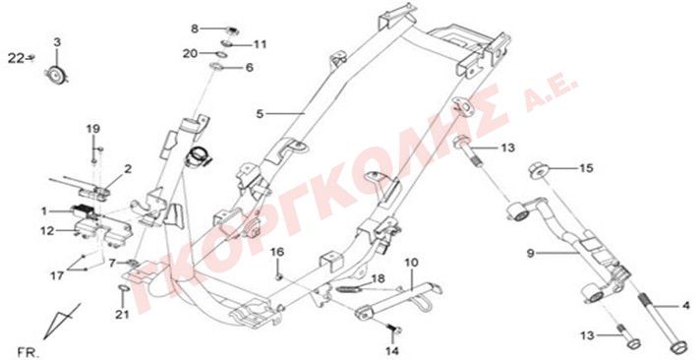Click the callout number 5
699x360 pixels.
[x=260, y=114]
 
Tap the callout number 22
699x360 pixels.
[x=16, y=58]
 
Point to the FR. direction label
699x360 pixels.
[x=29, y=352]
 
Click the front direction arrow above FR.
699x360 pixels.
[x=62, y=322]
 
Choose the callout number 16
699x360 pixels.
[x=277, y=253]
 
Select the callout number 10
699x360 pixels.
[x=411, y=263]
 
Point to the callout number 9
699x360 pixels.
[x=530, y=254]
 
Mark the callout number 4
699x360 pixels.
[x=685, y=306]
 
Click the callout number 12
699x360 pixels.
[x=47, y=231]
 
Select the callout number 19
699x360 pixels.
[x=93, y=129]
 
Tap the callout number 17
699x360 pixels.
[x=57, y=276]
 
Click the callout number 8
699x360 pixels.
[x=195, y=29]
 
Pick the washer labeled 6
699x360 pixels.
[x=217, y=67]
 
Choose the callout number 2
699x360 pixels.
[x=128, y=169]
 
